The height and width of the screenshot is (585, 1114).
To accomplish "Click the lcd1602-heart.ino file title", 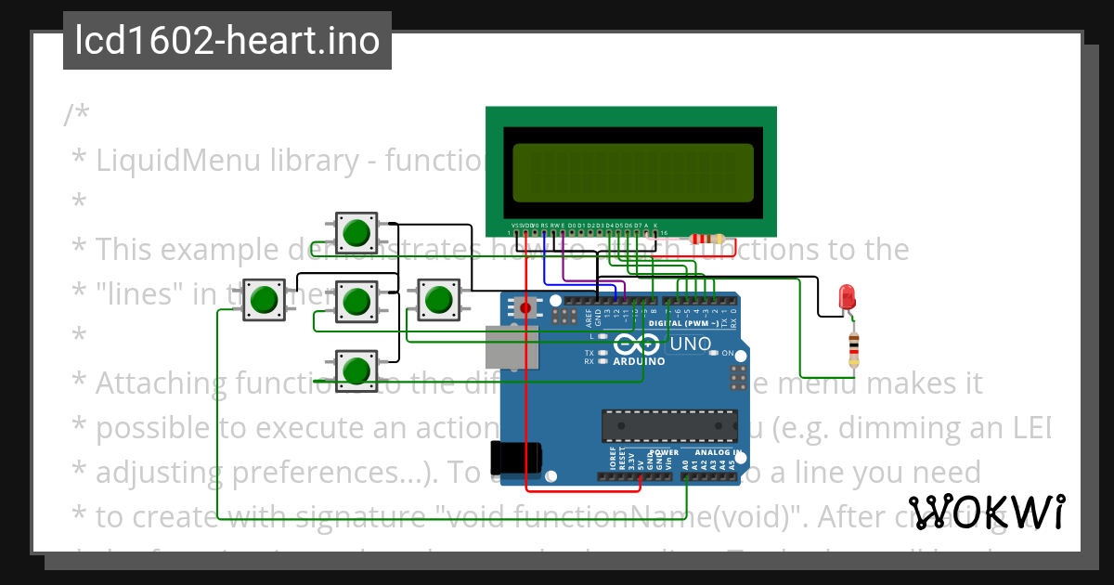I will (x=227, y=41).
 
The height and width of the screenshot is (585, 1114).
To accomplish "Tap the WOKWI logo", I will (x=987, y=512).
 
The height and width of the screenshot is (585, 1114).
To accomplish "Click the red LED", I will (x=847, y=297).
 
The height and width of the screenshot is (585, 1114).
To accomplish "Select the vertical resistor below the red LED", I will (x=854, y=349).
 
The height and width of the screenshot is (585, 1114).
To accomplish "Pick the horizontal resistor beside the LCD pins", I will (x=709, y=239).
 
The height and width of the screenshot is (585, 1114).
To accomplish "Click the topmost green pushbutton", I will (x=356, y=231).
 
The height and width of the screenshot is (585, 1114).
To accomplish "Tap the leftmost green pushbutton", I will (x=264, y=299).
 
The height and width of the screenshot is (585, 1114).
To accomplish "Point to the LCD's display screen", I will (x=631, y=173).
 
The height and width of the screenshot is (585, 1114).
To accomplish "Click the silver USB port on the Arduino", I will (x=510, y=344).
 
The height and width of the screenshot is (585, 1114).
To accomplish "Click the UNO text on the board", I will (x=692, y=344).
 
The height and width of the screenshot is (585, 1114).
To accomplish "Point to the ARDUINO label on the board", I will (x=638, y=361).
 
